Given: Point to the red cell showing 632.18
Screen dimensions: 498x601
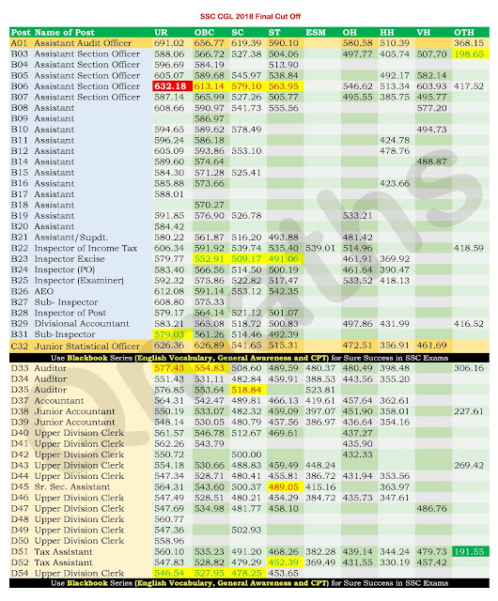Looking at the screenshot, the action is (173, 85).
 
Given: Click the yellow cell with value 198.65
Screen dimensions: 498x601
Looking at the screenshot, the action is (467, 54).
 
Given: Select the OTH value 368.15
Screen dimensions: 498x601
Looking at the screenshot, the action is (468, 43).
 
